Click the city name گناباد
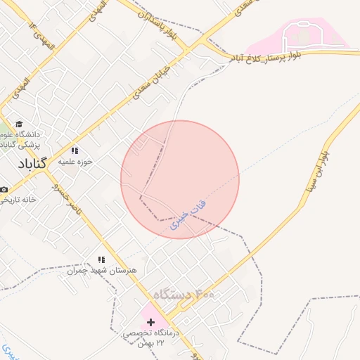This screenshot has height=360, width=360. coord(32,162)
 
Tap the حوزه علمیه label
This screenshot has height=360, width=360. coord(75,161)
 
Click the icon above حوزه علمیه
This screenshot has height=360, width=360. coord(75,150)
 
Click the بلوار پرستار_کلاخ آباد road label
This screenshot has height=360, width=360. coord(278,56)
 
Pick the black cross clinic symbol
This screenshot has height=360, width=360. coord(150,321)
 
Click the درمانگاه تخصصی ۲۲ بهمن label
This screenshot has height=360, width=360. coord(153,337)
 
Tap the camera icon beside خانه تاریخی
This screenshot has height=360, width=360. coord(4,190)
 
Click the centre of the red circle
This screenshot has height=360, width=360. coord(180,179)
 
